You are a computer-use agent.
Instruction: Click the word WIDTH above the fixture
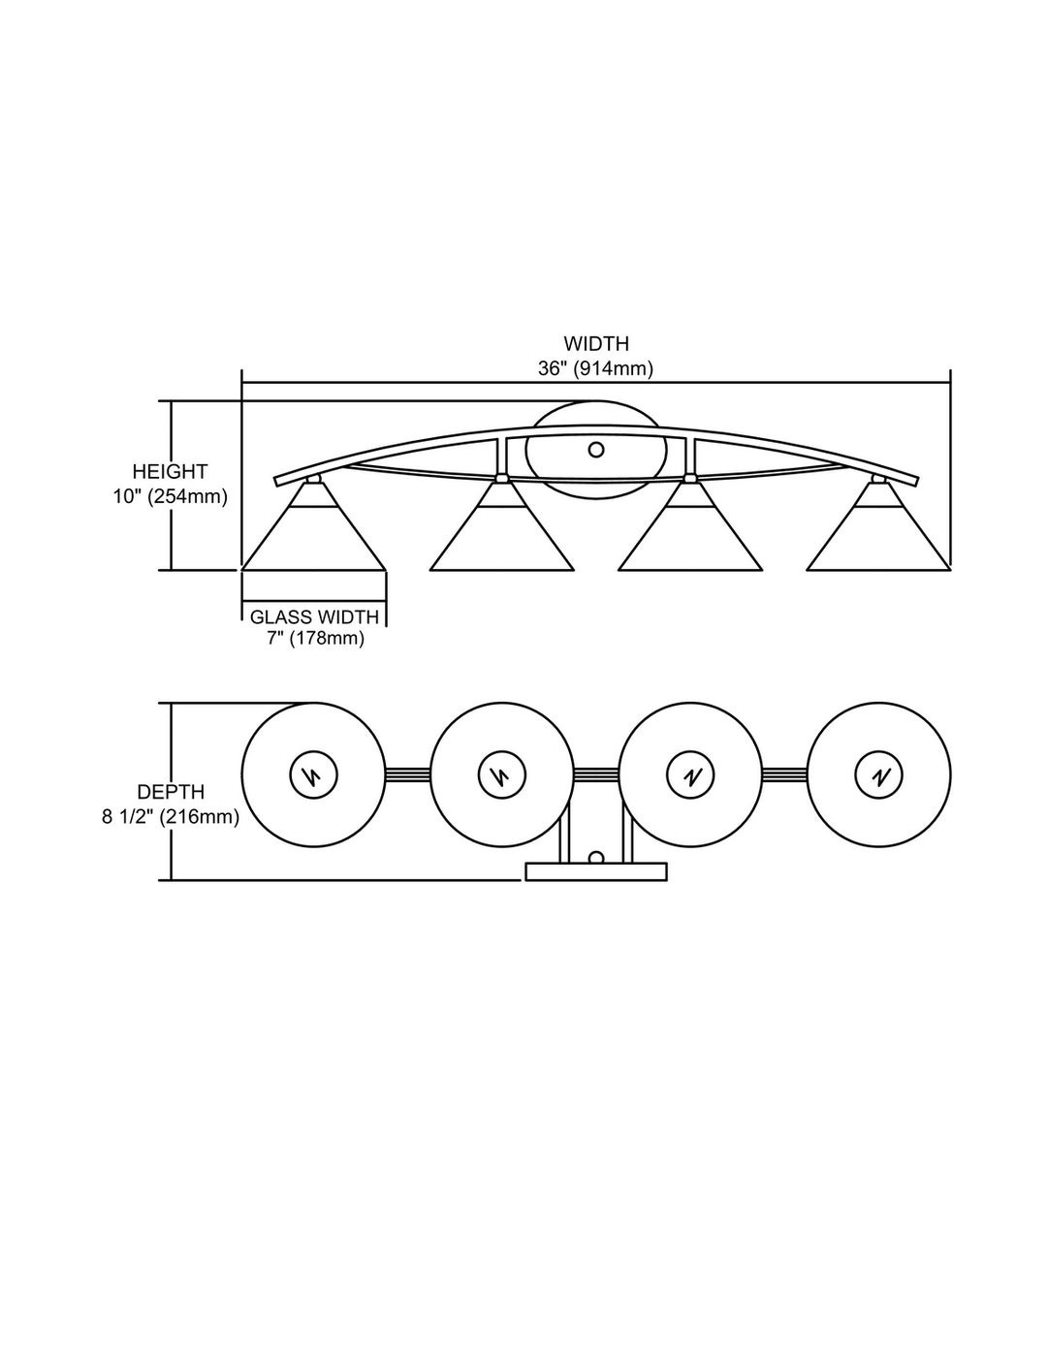(596, 343)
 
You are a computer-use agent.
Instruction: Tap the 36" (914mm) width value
(595, 368)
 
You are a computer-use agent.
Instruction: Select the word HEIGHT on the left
(170, 471)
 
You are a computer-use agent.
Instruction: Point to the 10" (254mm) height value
(171, 497)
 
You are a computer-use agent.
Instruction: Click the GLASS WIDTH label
(314, 616)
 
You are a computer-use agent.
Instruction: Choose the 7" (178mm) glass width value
(315, 639)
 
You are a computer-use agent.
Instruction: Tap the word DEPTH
(171, 792)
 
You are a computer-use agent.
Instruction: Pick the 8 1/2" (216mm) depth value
(171, 817)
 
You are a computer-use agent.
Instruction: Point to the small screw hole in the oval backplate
(596, 449)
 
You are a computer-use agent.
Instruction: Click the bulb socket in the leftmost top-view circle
(313, 775)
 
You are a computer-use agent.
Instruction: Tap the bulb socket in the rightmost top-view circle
(878, 775)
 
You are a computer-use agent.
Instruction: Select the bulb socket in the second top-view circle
(502, 775)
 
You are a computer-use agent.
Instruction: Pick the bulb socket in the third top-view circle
(690, 775)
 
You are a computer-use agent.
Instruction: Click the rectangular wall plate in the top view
(596, 871)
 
